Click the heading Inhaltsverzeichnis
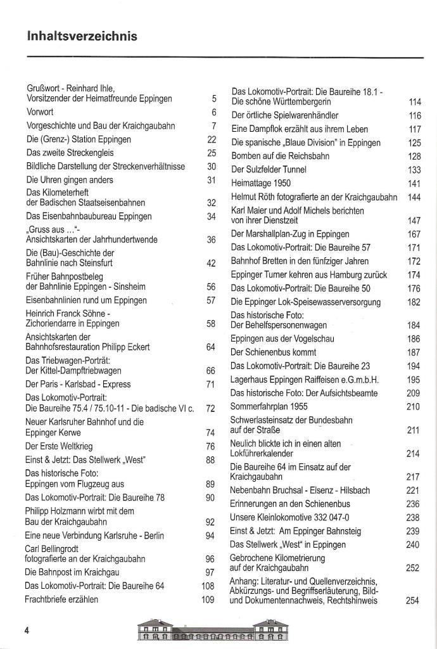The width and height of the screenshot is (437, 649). (82, 37)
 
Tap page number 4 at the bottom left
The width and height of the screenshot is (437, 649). (27, 630)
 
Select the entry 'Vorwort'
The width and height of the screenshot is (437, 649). (39, 112)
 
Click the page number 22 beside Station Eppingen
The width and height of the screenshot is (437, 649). (212, 139)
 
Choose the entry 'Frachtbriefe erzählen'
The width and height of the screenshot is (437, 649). (61, 600)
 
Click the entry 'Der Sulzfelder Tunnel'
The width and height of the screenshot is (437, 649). (269, 169)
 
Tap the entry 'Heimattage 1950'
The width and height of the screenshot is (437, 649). (260, 183)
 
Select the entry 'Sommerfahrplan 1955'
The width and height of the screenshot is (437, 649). (269, 406)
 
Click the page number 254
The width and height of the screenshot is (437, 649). (412, 601)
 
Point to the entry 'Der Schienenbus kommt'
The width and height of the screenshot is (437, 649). (273, 352)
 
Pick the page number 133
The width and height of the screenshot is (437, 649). (414, 170)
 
